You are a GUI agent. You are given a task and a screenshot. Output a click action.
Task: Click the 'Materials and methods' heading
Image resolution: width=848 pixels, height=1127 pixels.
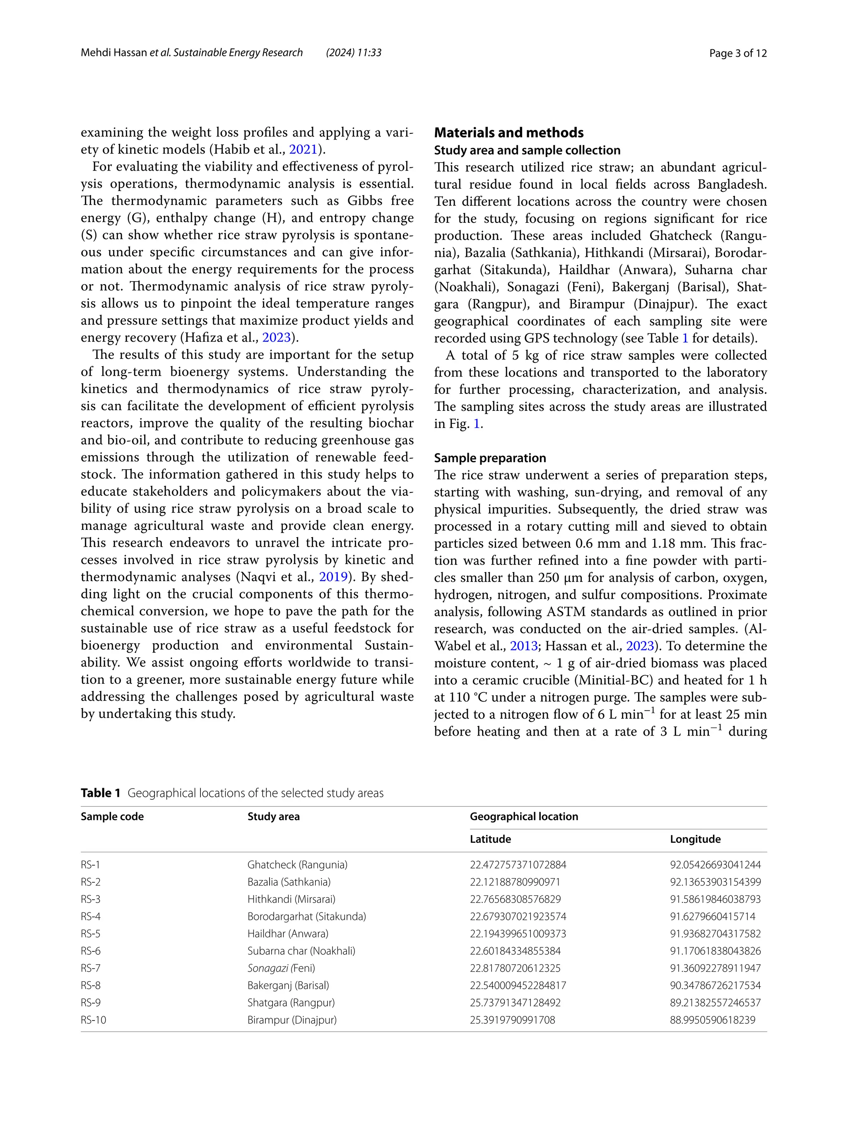(x=508, y=133)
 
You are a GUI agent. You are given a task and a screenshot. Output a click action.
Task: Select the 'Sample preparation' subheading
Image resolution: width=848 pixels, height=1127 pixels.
(x=489, y=458)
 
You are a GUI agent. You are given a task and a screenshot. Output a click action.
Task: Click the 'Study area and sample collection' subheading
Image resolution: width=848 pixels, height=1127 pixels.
(x=527, y=150)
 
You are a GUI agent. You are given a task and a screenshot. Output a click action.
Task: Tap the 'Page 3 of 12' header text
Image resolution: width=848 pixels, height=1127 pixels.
(x=737, y=53)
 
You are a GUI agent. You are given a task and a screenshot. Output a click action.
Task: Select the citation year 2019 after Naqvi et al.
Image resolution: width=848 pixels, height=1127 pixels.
(x=333, y=577)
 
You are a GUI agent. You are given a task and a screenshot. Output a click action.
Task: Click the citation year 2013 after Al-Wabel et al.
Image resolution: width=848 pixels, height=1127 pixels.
(x=523, y=646)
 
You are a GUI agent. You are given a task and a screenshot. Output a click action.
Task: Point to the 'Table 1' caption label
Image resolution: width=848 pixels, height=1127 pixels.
(x=100, y=793)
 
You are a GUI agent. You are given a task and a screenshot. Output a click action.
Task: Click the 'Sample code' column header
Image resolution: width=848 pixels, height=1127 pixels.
(x=112, y=816)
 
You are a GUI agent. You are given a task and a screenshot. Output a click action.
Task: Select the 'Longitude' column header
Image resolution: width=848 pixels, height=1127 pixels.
(x=695, y=839)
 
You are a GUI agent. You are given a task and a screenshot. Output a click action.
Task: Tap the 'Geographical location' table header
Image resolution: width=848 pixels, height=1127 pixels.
(x=523, y=816)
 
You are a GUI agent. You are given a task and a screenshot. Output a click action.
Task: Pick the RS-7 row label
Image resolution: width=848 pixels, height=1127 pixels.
(x=91, y=968)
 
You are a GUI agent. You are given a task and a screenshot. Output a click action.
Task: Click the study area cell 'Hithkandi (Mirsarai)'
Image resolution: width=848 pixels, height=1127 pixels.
(x=291, y=899)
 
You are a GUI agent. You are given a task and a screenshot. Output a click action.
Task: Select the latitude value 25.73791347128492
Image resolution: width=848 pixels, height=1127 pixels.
(x=515, y=1002)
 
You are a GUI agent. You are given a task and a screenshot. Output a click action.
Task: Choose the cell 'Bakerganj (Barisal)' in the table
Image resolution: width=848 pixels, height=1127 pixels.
(x=288, y=985)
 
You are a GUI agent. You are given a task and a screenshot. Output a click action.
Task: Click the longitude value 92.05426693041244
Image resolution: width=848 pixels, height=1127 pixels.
(x=715, y=864)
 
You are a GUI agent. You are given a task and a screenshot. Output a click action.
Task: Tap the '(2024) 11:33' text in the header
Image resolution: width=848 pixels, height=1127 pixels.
(x=354, y=53)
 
